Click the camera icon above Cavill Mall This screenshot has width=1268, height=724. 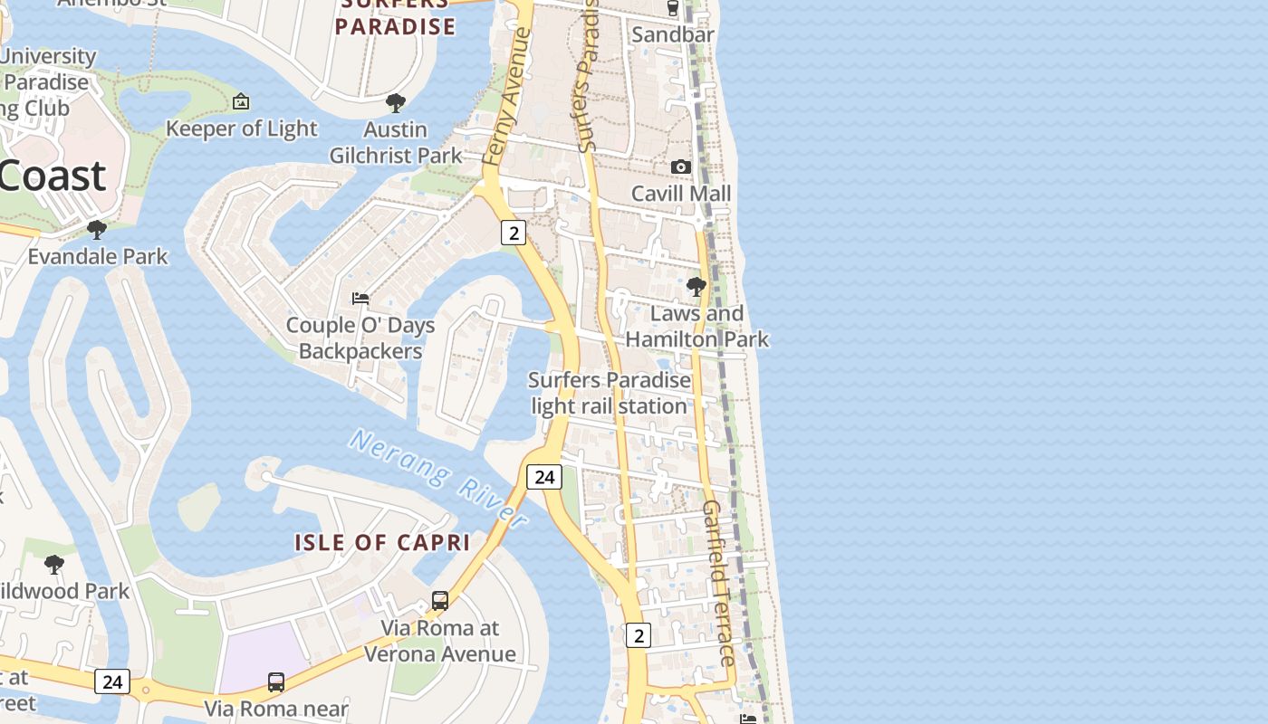point(680,167)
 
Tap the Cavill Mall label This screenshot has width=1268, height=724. point(680,194)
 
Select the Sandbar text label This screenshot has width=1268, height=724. point(673,34)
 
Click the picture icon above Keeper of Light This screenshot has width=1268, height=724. point(241,101)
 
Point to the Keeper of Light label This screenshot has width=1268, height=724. point(241,129)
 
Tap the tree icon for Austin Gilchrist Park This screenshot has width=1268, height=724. point(395,102)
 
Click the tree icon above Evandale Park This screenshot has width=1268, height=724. point(97,230)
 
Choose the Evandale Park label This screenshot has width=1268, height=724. point(98,256)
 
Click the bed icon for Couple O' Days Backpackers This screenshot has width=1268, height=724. point(360,298)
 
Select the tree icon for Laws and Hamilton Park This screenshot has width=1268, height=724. point(696,287)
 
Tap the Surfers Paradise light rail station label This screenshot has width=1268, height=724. point(609,393)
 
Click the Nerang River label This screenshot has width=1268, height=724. point(438,478)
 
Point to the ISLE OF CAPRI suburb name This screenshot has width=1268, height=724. point(382,543)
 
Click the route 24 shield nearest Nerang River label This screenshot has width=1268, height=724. point(544,477)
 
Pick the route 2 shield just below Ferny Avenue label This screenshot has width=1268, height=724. point(514,233)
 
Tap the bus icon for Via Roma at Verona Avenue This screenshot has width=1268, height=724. point(440,600)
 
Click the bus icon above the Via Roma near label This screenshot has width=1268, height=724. point(276,681)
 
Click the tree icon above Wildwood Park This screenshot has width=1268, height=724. point(54,565)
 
